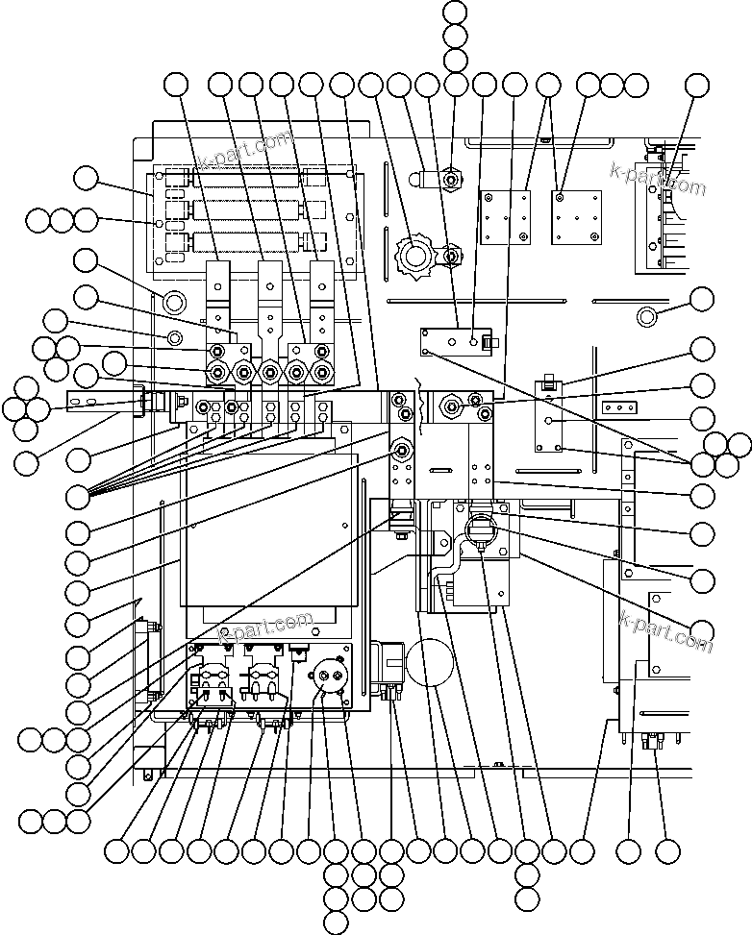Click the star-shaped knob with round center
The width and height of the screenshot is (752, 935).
416,256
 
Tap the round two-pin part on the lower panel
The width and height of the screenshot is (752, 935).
329,677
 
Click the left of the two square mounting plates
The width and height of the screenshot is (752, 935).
507,218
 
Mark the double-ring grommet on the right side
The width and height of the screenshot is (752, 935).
647,315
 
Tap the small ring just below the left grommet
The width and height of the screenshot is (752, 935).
174,337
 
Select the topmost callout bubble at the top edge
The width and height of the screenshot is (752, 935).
456,12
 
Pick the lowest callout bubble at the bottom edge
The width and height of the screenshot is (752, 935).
336,923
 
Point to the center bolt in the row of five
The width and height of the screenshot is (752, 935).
270,372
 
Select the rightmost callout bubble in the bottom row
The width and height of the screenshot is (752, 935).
667,850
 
